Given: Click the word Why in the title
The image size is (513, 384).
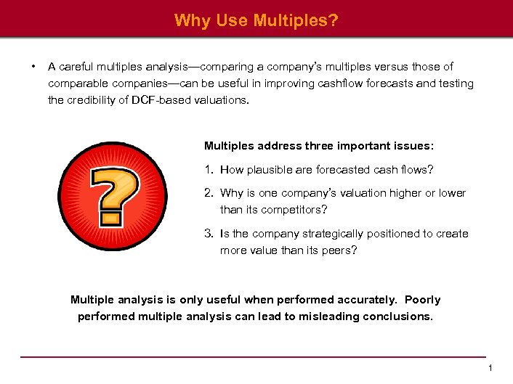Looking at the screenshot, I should [x=191, y=20].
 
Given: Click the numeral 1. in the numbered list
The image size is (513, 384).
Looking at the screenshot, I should [x=209, y=170].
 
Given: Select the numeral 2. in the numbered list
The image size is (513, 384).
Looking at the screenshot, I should [x=209, y=193].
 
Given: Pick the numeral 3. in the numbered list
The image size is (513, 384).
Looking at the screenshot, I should [x=209, y=234].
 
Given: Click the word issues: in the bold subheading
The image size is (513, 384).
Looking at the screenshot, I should [x=413, y=145].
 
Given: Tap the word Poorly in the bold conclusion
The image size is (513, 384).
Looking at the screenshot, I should [x=422, y=300].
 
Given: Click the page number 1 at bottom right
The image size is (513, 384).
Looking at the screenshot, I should [x=490, y=369].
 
